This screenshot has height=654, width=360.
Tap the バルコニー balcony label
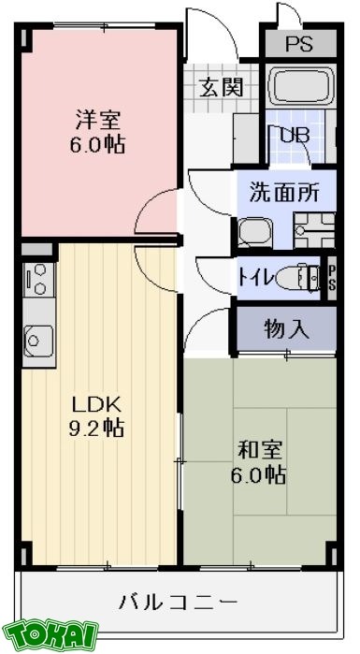178,600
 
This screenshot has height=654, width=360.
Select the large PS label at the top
298,44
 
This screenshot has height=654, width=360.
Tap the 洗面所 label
283,194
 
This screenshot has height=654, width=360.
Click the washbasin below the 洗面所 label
252,230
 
